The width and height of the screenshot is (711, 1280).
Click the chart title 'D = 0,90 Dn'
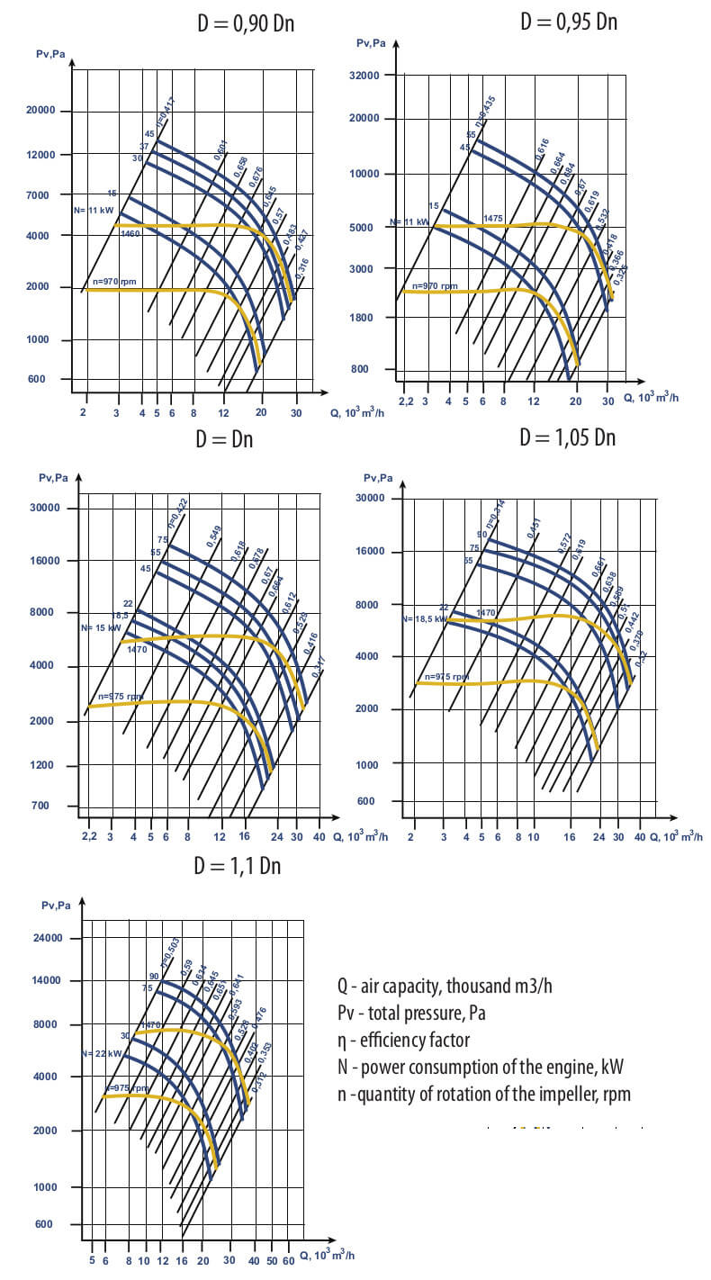[x=246, y=24]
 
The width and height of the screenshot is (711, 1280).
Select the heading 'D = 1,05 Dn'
[x=568, y=438]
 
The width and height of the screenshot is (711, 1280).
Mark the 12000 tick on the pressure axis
[x=40, y=155]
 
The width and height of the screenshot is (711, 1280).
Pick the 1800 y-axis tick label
[x=371, y=318]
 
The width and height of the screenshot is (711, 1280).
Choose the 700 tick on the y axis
[x=41, y=806]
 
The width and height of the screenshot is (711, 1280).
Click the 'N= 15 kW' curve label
[x=101, y=627]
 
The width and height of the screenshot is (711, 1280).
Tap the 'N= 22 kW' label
[x=101, y=1053]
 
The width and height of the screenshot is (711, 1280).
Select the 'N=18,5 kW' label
[x=424, y=619]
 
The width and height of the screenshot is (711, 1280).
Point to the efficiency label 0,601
[x=220, y=150]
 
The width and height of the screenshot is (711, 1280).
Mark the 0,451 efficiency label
[x=534, y=529]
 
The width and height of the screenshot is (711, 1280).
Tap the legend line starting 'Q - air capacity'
[x=445, y=986]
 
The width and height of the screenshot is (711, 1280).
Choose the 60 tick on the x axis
[x=288, y=1261]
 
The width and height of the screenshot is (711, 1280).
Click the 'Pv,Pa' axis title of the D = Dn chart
[x=53, y=477]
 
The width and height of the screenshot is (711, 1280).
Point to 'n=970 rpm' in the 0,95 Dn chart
[x=435, y=286]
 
